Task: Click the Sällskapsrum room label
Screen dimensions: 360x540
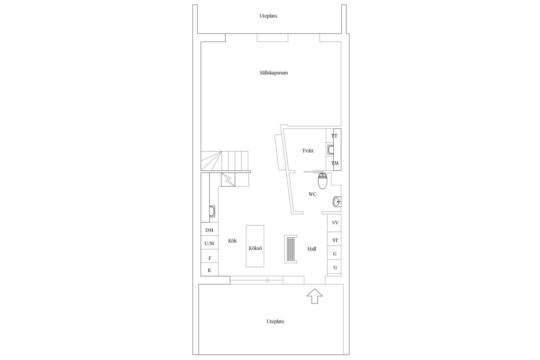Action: coord(274,73)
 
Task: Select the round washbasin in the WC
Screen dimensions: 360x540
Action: coord(337,202)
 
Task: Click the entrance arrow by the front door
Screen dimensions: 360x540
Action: coord(314,296)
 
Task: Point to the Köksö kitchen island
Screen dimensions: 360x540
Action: coord(255,246)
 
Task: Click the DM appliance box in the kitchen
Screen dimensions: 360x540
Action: coord(209,230)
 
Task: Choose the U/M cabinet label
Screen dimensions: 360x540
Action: coord(209,243)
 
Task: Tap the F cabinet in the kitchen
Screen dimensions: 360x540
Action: coord(210,258)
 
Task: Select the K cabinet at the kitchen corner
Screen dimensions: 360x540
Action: coord(209,270)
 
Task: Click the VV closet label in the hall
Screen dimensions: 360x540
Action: coord(335,223)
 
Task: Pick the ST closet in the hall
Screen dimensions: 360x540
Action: coord(335,240)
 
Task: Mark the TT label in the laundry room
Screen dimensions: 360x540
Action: coord(334,136)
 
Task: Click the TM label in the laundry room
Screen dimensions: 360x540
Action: coord(335,163)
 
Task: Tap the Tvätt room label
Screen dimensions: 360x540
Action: coord(308,151)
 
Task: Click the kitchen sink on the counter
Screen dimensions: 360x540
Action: coord(213,211)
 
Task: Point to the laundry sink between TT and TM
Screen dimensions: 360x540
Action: coord(330,150)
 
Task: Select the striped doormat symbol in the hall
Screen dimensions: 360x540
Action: coord(291,249)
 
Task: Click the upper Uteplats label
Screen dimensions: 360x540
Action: coord(268,16)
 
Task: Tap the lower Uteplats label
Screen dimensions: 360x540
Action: coord(275,321)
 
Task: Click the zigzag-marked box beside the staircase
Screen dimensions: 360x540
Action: coord(228,179)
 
